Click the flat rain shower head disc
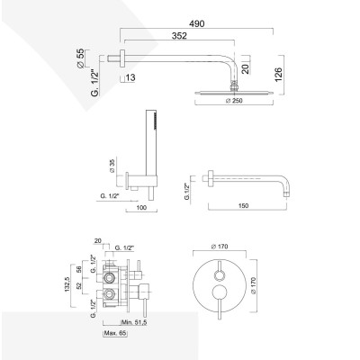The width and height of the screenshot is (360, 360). (x=235, y=91)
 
